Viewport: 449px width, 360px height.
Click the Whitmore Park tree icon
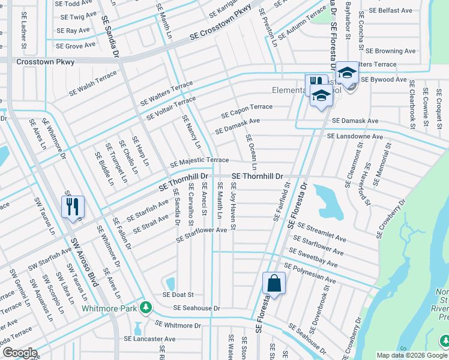click(x=145, y=307)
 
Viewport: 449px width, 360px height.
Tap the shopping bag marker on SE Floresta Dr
click(x=274, y=283)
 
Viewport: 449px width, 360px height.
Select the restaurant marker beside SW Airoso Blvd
click(x=73, y=207)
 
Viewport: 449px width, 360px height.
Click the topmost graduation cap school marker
click(x=346, y=73)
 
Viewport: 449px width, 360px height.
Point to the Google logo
click(x=19, y=353)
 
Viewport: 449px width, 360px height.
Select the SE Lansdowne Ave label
click(x=355, y=137)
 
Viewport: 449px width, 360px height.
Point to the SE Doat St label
click(x=178, y=295)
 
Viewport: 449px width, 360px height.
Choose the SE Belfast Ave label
click(x=391, y=10)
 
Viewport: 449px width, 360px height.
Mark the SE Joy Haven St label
click(x=233, y=206)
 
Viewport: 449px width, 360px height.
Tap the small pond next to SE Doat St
click(x=170, y=283)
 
